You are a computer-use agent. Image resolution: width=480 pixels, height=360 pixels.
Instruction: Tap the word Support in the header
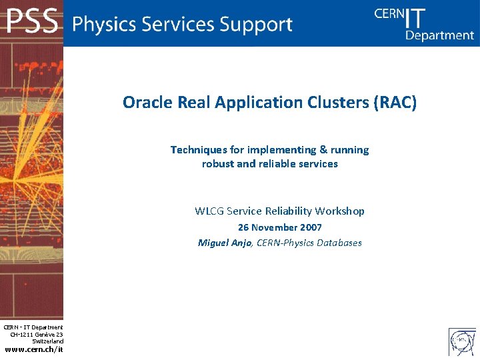[257, 25]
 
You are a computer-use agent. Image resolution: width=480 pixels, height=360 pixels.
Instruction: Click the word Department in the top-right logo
[439, 35]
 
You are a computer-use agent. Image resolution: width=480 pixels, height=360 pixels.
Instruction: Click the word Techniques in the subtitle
[198, 149]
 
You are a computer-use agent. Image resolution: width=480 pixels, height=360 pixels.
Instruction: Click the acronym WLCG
[209, 211]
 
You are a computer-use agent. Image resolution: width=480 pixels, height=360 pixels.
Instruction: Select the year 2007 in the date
[311, 227]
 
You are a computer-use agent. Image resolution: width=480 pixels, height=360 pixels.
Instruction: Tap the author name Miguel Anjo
[225, 243]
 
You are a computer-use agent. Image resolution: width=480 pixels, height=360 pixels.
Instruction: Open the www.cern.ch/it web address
[33, 350]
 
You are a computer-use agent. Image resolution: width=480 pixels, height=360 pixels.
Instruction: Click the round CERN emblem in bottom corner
[462, 341]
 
